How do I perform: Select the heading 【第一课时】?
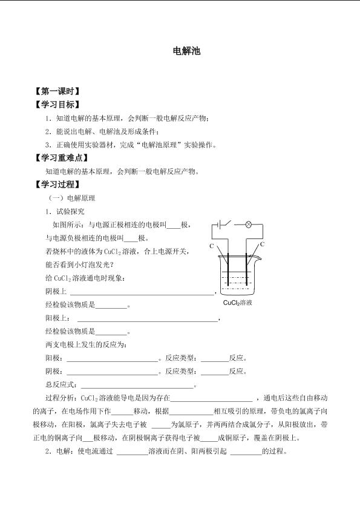pos(57,92)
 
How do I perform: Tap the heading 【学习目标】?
pos(57,105)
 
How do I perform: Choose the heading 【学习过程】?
pos(57,185)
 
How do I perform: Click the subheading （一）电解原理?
pos(71,198)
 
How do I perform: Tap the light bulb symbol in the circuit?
pos(247,224)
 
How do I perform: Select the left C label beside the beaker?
pos(212,246)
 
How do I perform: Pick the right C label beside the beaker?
pos(263,244)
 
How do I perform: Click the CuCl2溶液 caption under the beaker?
pos(237,302)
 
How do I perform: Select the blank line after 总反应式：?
pos(137,385)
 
